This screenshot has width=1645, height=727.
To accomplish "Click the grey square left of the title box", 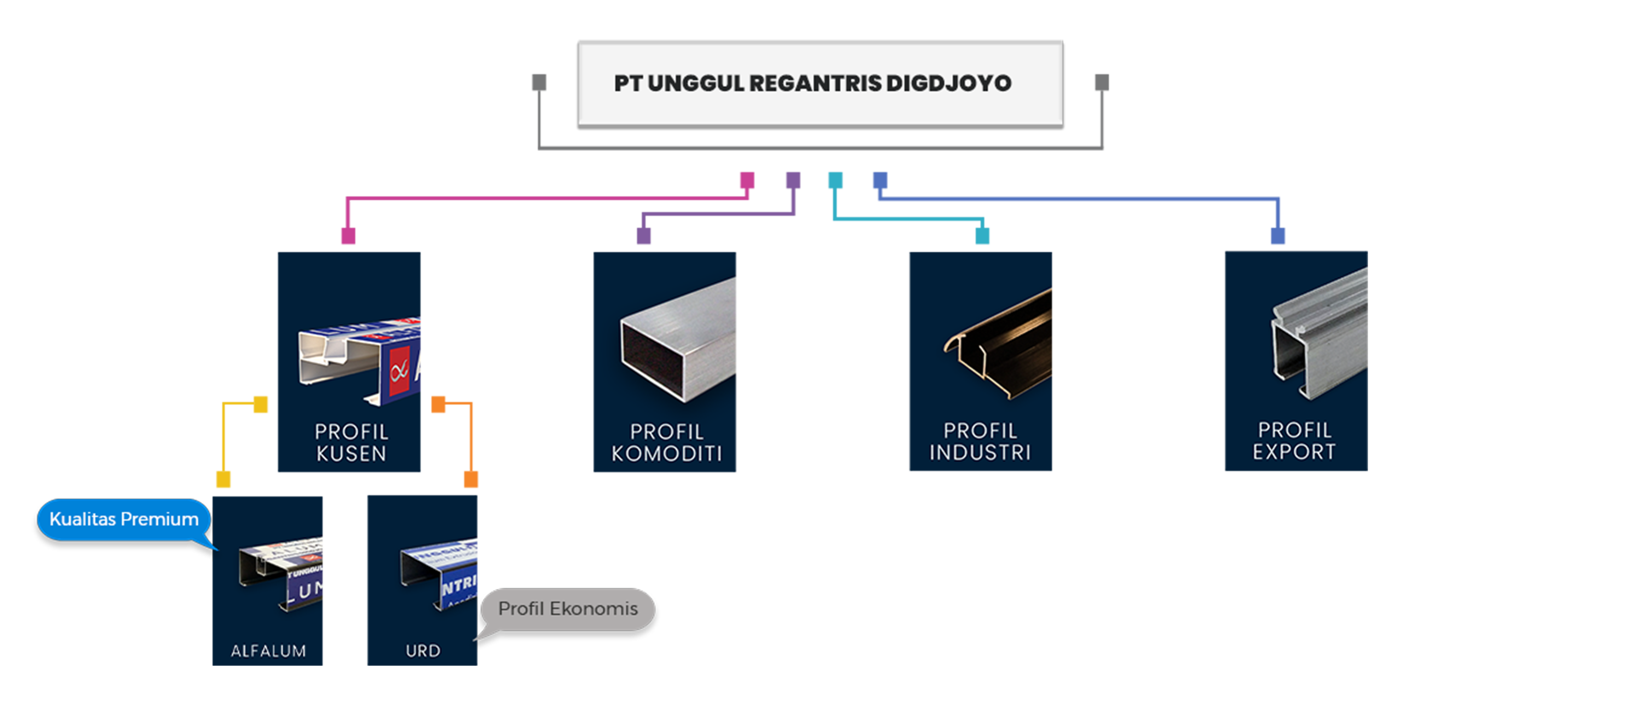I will (x=539, y=82).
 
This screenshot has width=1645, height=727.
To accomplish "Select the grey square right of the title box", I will (x=1102, y=82).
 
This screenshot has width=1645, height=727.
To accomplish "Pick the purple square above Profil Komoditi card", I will (x=644, y=236).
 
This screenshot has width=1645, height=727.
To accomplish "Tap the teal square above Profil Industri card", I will (x=982, y=236).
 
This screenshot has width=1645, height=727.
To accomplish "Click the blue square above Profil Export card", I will (x=1278, y=236).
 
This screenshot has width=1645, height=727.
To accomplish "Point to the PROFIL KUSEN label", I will (x=351, y=442).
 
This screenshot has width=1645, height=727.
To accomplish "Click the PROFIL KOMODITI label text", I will (x=666, y=442).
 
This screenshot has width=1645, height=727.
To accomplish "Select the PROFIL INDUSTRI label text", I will (x=980, y=442).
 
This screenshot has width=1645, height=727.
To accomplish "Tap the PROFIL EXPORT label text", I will (x=1294, y=441).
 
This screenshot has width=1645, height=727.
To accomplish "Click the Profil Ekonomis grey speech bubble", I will (x=568, y=609).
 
